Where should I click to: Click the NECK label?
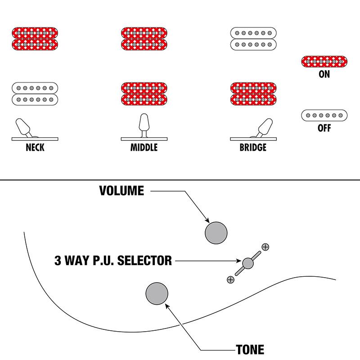(x=35, y=147)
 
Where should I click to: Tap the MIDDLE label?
(x=144, y=147)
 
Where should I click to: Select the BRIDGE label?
(x=252, y=147)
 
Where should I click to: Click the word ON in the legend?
(x=324, y=75)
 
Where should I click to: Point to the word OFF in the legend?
(x=324, y=128)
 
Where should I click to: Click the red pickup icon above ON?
(x=324, y=61)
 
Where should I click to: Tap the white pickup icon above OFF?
(x=324, y=115)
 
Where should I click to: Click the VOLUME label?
(x=121, y=191)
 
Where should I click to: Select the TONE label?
(x=250, y=350)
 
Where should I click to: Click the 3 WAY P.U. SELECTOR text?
(x=113, y=260)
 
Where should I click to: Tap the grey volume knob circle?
(x=216, y=233)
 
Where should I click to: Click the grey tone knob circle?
(x=157, y=294)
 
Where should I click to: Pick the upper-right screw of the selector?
(x=265, y=247)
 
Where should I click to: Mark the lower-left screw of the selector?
(x=231, y=279)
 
